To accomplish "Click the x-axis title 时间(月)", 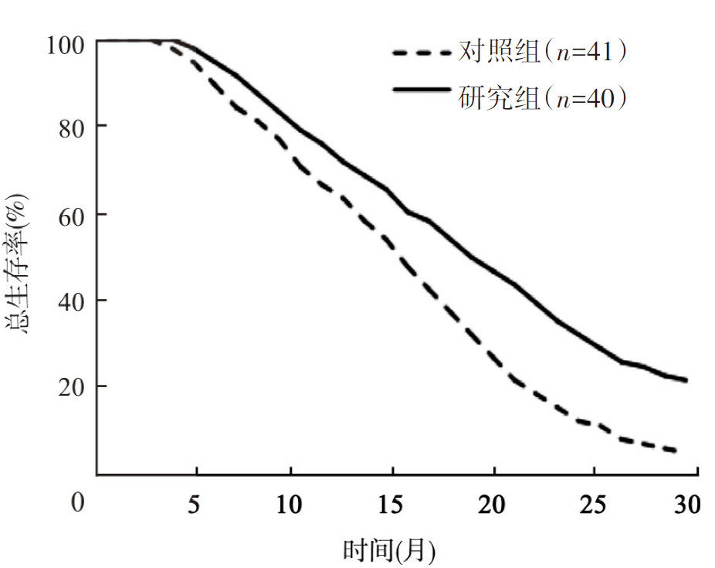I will [x=389, y=550].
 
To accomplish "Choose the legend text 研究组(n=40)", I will [x=541, y=98].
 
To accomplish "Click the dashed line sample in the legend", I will [x=421, y=53].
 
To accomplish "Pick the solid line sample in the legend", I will [x=421, y=91].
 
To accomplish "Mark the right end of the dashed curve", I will [x=677, y=451].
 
